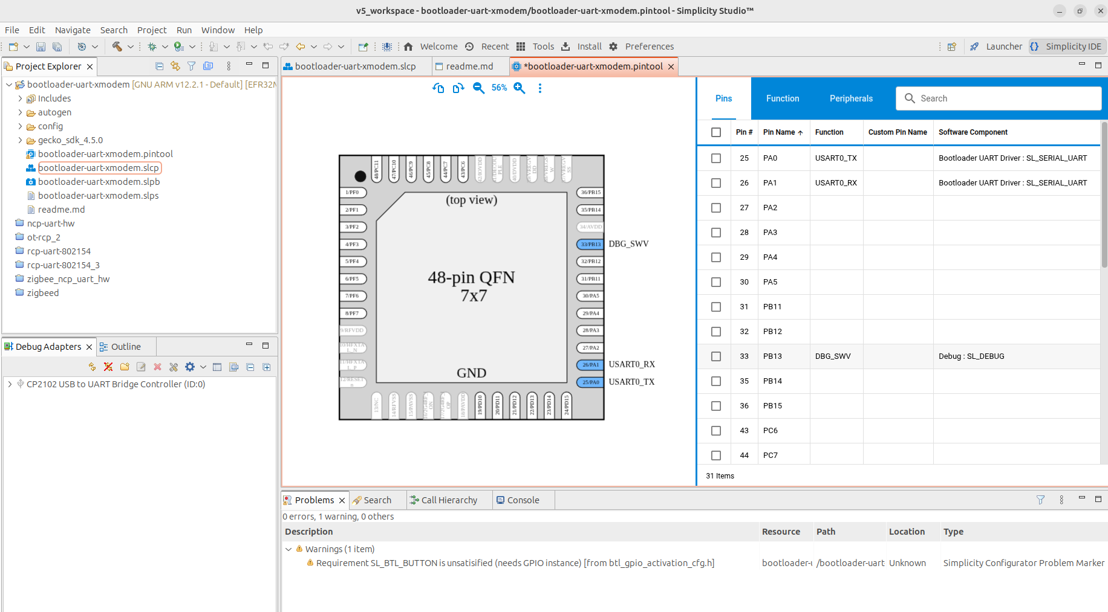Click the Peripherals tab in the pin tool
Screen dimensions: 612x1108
(850, 98)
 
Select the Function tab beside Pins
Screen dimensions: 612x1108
(782, 98)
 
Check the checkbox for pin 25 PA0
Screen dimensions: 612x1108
(715, 158)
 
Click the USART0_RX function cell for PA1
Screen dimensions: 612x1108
(835, 183)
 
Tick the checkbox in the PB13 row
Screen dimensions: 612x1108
(715, 356)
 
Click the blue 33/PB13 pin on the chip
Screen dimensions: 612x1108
(590, 245)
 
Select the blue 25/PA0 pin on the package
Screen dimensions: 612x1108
(590, 382)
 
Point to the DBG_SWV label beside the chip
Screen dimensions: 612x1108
(628, 244)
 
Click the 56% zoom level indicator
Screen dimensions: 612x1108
(499, 88)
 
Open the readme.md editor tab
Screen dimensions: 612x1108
(469, 66)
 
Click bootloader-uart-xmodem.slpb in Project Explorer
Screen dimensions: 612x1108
(99, 182)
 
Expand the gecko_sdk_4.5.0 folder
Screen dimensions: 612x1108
(20, 140)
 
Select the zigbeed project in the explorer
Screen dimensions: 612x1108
(43, 293)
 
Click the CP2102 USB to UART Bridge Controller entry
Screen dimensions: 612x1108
(116, 384)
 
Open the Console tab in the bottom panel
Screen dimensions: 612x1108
(523, 500)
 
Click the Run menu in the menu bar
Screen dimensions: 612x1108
(184, 30)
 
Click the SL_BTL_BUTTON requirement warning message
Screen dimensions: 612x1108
(515, 563)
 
